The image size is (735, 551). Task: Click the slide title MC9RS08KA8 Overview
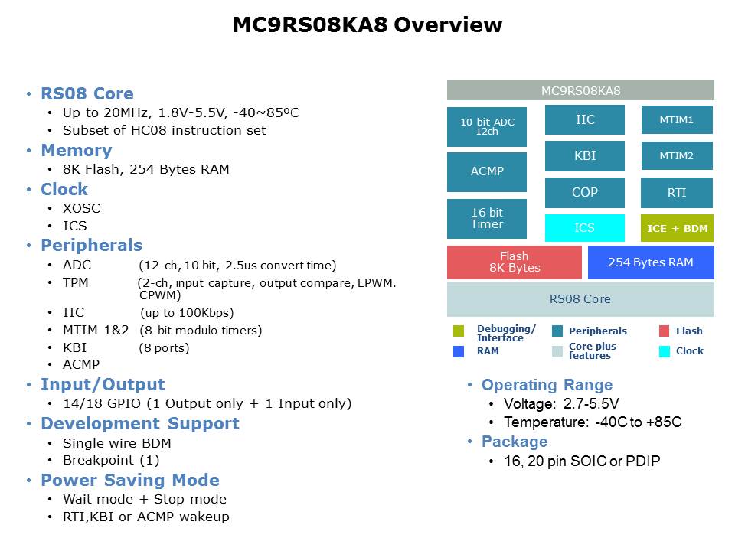367,25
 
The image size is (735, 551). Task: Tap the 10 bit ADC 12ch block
487,126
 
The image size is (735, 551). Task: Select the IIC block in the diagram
585,120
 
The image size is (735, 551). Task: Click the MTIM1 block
677,120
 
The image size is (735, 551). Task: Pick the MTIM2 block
677,156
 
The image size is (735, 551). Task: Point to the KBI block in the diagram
585,156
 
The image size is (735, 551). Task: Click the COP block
585,193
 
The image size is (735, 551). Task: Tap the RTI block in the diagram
677,193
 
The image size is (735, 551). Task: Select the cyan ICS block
585,228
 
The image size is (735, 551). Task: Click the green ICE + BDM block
677,228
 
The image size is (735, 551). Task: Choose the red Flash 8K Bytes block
514,262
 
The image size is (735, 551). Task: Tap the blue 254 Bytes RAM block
651,262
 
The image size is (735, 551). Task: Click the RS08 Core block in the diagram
580,299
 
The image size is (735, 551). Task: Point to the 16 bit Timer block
487,219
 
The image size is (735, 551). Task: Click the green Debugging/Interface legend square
459,331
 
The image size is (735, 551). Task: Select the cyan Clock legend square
665,351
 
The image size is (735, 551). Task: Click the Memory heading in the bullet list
77,151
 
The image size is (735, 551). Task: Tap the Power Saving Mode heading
130,481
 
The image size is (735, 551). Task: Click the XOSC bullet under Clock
82,208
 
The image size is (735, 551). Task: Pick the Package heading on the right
514,442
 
